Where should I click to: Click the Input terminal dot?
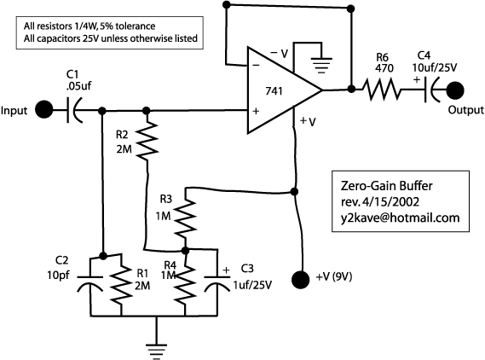click(x=44, y=109)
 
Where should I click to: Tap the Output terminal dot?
click(x=455, y=90)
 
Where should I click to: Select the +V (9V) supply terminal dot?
click(x=300, y=280)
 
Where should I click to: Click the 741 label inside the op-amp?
click(x=274, y=91)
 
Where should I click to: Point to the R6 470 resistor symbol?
click(x=382, y=90)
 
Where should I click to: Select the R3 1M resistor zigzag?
click(x=185, y=218)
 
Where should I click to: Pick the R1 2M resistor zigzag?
click(x=122, y=284)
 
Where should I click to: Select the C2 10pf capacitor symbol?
click(x=89, y=283)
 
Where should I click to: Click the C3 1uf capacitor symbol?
click(x=217, y=283)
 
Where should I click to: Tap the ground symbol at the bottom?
click(x=157, y=351)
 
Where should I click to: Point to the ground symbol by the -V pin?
click(x=321, y=65)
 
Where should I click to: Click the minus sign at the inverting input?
click(x=256, y=65)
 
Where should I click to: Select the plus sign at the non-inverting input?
click(x=256, y=111)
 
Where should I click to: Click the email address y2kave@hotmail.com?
click(x=400, y=218)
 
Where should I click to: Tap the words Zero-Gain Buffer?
click(x=386, y=186)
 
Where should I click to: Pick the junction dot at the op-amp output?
click(x=351, y=90)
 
